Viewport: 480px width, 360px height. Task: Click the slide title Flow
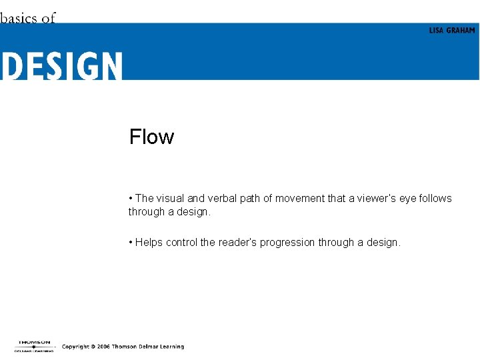[x=151, y=137]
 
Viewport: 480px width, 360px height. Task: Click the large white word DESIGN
[x=61, y=67]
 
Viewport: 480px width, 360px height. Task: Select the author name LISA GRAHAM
[x=451, y=31]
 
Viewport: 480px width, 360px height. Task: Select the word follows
[x=435, y=199]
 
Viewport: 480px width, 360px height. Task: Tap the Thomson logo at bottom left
[x=34, y=345]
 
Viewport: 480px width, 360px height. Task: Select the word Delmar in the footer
[x=152, y=347]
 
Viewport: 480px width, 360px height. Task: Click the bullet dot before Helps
[x=131, y=243]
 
